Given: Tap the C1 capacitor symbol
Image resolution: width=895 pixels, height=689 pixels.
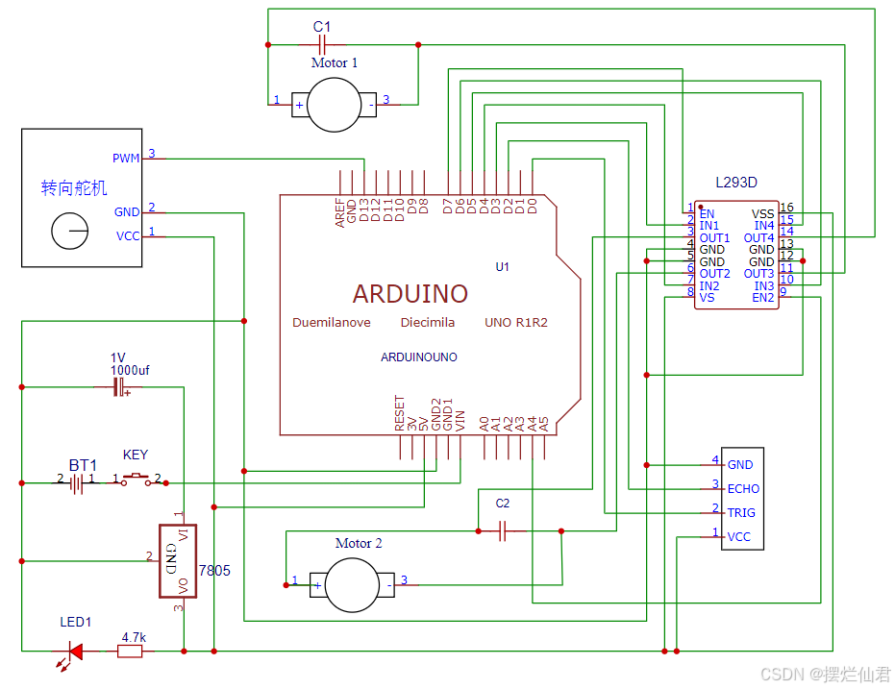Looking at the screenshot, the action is (322, 44).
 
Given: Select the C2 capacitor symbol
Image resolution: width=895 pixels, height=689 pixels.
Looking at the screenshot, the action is (502, 531).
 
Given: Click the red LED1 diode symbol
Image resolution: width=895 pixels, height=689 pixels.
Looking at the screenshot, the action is (75, 651).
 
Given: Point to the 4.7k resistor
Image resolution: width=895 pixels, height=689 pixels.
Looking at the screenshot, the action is (130, 651).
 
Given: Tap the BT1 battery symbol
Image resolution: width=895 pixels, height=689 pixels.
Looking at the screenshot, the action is (77, 483).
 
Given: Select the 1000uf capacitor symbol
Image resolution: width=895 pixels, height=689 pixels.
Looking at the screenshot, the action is (119, 386).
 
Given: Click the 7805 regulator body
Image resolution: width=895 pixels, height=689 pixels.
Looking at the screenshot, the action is (178, 561).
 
